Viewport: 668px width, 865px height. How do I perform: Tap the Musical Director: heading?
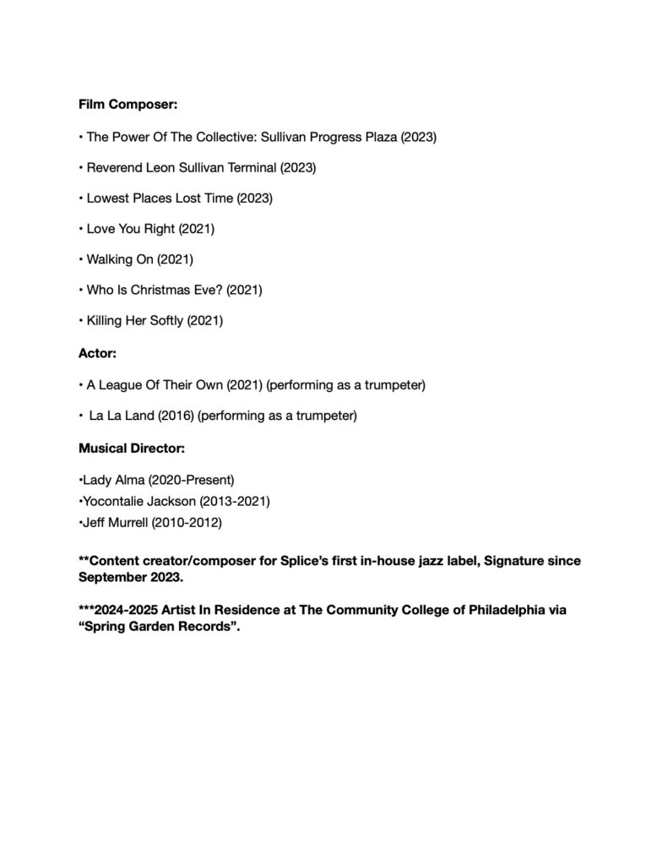tap(132, 448)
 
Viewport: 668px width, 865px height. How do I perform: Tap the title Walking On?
tap(121, 259)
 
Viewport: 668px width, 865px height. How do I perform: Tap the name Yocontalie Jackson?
tap(139, 502)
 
